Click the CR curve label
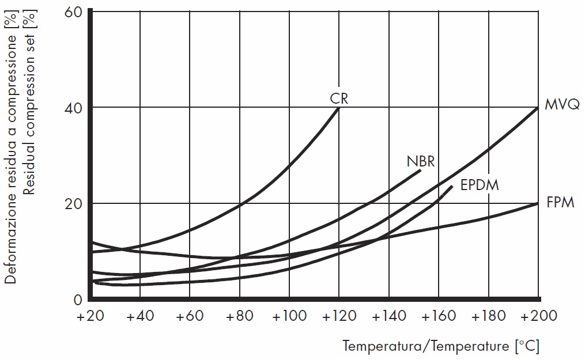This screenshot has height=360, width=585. click(x=339, y=98)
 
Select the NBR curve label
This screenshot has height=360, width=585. click(x=421, y=161)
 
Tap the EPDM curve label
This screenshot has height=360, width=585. click(x=480, y=185)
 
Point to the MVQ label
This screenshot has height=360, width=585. click(x=561, y=106)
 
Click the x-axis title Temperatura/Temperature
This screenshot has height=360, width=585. click(x=441, y=346)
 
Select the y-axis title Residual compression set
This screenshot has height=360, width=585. click(x=29, y=98)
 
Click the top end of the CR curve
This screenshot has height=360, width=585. click(x=339, y=108)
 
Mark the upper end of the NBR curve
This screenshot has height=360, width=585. click(x=420, y=170)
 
